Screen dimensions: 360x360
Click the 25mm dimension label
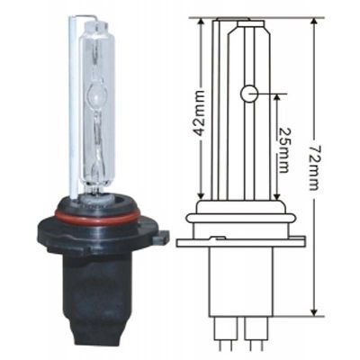click(x=283, y=150)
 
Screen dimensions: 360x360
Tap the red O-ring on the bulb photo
click(x=97, y=215)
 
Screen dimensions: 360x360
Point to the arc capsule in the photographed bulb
click(x=96, y=96)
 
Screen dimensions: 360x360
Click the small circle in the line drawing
click(x=248, y=94)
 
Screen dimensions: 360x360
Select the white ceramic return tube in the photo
click(x=74, y=108)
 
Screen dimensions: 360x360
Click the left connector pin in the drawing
click(x=226, y=332)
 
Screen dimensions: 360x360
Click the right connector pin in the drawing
click(x=256, y=332)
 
